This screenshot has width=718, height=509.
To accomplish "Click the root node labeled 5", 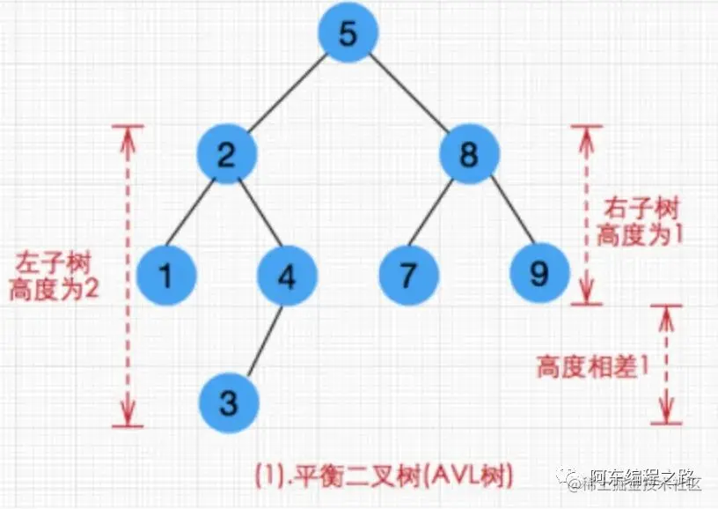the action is [348, 36].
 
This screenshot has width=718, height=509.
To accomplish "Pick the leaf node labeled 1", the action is [166, 275].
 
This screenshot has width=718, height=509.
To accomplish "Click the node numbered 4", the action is [287, 275].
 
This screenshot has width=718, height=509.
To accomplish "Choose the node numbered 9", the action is [540, 275].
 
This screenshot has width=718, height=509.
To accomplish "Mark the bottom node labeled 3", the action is [228, 402].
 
